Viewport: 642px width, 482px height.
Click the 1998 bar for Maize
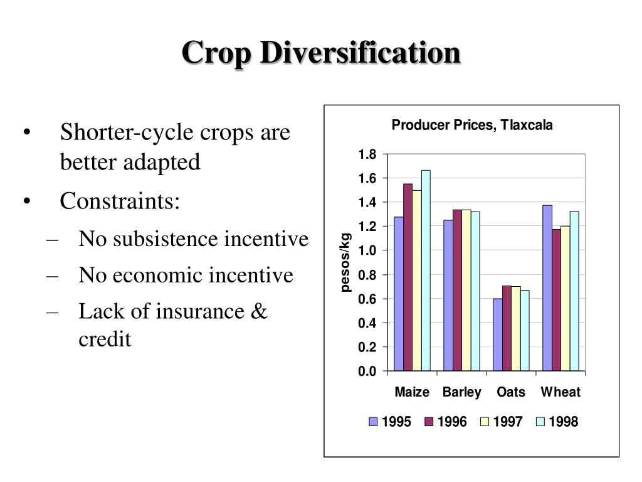(426, 270)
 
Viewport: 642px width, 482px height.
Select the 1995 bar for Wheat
(547, 288)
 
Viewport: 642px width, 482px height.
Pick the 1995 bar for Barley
(448, 296)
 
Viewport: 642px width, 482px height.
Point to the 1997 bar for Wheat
(566, 298)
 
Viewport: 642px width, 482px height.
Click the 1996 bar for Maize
(408, 277)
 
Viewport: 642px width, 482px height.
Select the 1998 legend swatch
(540, 421)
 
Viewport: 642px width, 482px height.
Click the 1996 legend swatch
(429, 421)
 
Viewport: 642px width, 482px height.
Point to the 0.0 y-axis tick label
(367, 372)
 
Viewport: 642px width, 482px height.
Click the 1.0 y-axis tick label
(367, 250)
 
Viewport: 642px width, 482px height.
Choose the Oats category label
(510, 392)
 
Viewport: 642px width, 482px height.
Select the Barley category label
(462, 393)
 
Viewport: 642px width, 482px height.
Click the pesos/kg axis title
(345, 262)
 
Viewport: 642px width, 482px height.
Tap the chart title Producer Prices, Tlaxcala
(472, 125)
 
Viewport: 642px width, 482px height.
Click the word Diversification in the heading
(360, 53)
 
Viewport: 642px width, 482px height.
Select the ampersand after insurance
(259, 311)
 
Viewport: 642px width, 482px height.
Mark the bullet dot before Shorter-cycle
(27, 132)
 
